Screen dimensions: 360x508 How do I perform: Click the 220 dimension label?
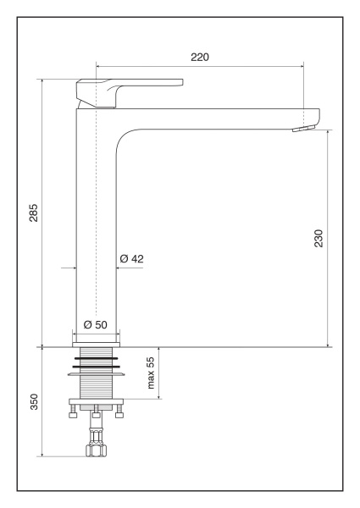pyautogui.click(x=200, y=57)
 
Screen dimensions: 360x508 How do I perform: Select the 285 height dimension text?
pyautogui.click(x=34, y=213)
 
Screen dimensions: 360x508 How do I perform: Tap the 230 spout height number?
pyautogui.click(x=318, y=238)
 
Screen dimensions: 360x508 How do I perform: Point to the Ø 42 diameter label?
pyautogui.click(x=131, y=258)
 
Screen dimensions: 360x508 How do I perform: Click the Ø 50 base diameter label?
pyautogui.click(x=95, y=324)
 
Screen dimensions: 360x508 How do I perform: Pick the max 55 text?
pyautogui.click(x=151, y=373)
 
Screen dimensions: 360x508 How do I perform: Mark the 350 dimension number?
pyautogui.click(x=34, y=401)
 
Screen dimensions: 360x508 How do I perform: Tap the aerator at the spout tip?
pyautogui.click(x=303, y=130)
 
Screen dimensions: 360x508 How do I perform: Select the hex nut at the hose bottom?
pyautogui.click(x=97, y=450)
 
